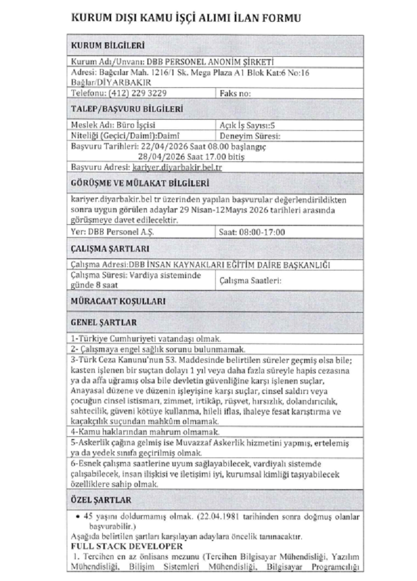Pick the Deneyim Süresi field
coord(250,134)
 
